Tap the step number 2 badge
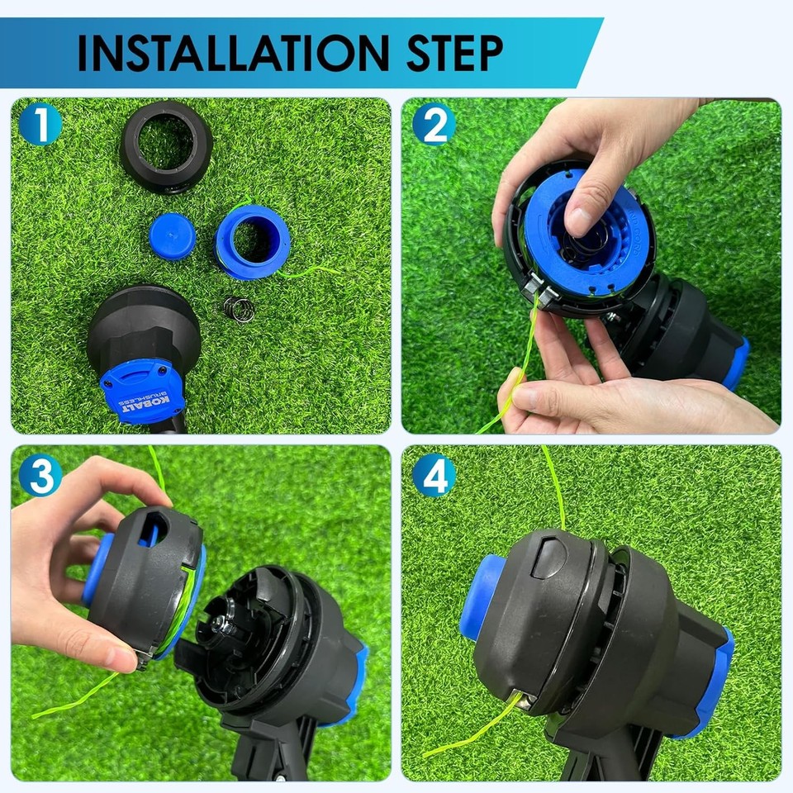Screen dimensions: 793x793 point(434,125)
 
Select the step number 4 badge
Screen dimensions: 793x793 point(434,476)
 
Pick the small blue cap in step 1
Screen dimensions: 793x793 point(173,237)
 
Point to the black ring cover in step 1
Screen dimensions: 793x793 point(166,147)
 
